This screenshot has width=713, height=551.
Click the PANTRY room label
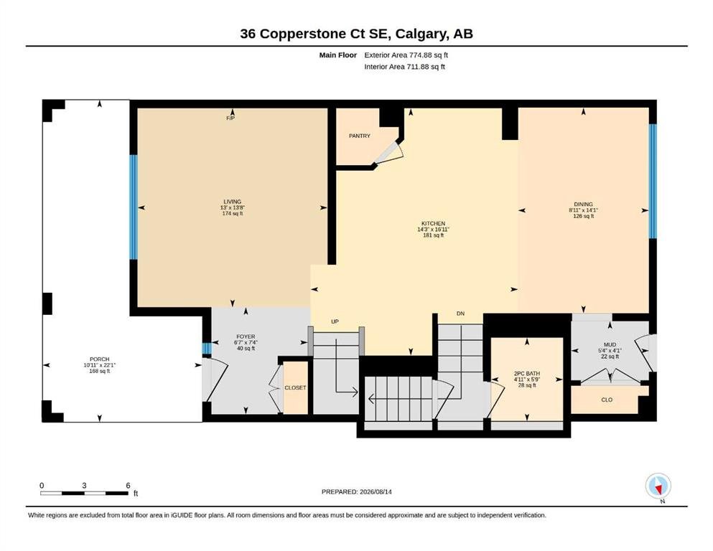coord(359,136)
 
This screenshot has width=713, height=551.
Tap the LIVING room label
coord(233,202)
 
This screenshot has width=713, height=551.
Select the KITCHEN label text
coord(434,224)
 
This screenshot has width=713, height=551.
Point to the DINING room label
coord(584,204)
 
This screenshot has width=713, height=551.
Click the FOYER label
coord(246,336)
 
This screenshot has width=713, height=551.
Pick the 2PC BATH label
coord(527,373)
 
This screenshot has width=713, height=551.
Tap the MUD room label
coord(610,345)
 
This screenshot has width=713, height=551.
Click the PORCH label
coord(100,359)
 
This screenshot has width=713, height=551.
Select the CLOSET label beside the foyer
coord(295,388)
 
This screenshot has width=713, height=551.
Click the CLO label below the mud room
coord(607,400)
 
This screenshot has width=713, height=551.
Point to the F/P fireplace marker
coord(230,118)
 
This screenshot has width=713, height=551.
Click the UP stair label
coord(335,321)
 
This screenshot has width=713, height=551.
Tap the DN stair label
coord(461,314)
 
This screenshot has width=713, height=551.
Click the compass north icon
coord(658,486)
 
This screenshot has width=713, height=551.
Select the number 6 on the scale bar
coord(128,485)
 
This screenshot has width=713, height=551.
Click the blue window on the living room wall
coord(134,207)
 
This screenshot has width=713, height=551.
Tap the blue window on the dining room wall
coord(653,182)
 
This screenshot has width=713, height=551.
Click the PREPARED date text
coord(356,491)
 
